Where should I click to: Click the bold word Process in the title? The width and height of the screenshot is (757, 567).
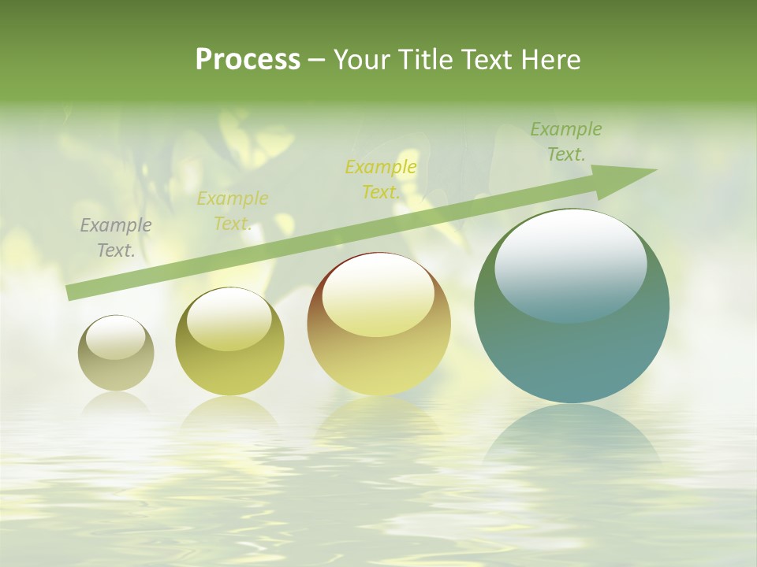pos(248,60)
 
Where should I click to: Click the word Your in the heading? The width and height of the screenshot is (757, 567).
pos(361,60)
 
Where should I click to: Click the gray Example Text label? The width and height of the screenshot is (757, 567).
pos(116,238)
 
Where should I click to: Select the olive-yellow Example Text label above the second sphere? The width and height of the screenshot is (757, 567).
pos(233,211)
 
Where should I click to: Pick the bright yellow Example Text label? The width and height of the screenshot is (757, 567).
pos(381,180)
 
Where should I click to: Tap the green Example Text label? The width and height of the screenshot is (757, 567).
pos(565,142)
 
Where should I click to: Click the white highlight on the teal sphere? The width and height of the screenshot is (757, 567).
pos(570,264)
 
